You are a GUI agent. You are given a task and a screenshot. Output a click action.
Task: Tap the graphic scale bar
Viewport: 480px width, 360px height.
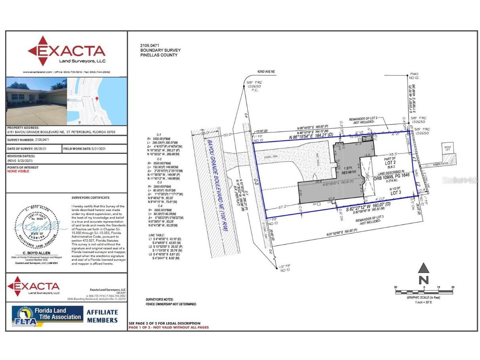[x=424, y=292]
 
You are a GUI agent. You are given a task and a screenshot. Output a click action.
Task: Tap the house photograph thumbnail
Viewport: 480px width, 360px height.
[x=36, y=101]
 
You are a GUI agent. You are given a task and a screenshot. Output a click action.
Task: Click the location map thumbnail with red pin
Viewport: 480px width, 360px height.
[x=97, y=101]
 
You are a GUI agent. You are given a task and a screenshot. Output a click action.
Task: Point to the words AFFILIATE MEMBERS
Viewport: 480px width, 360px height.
[x=102, y=316]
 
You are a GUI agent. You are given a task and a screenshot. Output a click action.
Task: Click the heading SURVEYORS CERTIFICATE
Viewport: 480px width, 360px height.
[x=90, y=197]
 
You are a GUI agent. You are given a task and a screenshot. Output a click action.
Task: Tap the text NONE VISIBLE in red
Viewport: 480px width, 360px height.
[x=18, y=171]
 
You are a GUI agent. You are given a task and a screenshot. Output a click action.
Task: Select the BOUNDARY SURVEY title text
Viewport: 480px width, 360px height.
[x=160, y=50]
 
